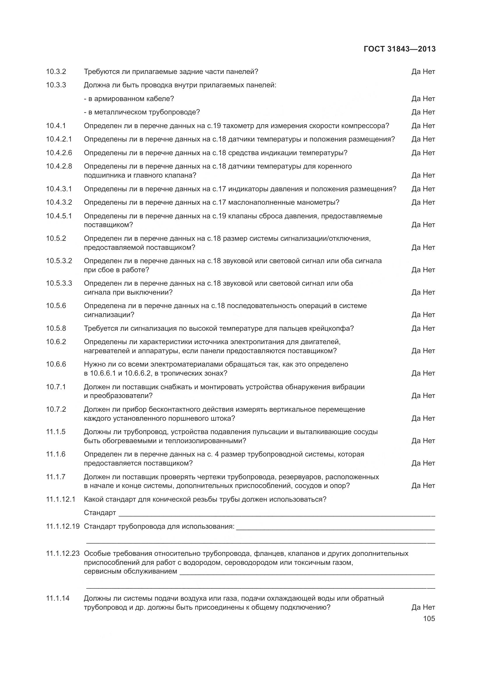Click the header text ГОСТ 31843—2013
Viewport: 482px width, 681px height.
point(400,49)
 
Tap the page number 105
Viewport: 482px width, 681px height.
point(429,618)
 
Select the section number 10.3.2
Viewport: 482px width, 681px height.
point(56,72)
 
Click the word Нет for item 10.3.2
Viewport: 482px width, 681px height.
point(429,72)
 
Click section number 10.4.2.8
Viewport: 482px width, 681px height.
point(59,166)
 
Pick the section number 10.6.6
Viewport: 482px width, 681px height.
point(56,364)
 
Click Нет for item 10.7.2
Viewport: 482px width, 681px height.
point(429,418)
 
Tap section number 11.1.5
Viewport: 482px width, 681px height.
point(56,431)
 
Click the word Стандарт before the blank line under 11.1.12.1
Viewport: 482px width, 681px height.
point(100,512)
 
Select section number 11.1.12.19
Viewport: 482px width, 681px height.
point(63,526)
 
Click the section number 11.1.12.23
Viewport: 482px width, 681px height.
point(63,553)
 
